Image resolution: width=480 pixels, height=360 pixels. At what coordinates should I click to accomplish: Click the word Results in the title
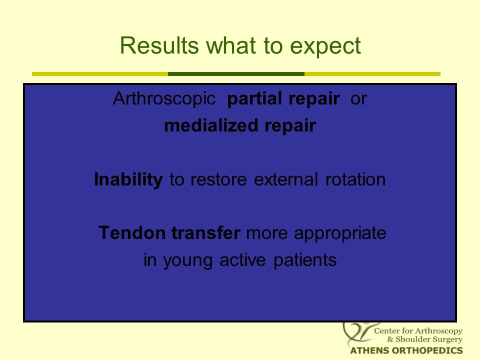pyautogui.click(x=159, y=45)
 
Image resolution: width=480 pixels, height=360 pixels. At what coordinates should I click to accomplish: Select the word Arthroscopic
pyautogui.click(x=164, y=99)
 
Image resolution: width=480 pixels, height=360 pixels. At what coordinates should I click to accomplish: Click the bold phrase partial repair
pyautogui.click(x=283, y=99)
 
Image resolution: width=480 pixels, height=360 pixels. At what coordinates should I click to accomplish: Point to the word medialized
pyautogui.click(x=211, y=125)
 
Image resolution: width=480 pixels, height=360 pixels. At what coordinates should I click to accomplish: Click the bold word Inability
pyautogui.click(x=128, y=179)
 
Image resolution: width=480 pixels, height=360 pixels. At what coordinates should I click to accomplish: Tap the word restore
pyautogui.click(x=218, y=179)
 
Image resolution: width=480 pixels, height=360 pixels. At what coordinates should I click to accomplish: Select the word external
pyautogui.click(x=286, y=179)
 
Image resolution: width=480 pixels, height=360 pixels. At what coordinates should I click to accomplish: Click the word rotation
pyautogui.click(x=355, y=179)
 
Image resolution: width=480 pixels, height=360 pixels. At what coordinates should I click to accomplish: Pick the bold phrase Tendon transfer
pyautogui.click(x=169, y=233)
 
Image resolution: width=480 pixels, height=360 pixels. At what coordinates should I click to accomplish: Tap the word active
pyautogui.click(x=242, y=260)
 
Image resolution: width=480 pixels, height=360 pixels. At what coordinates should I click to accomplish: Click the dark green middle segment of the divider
pyautogui.click(x=236, y=74)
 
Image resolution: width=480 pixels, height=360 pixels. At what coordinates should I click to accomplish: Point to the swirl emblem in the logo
pyautogui.click(x=358, y=333)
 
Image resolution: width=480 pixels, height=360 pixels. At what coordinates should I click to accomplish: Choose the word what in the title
pyautogui.click(x=231, y=45)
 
